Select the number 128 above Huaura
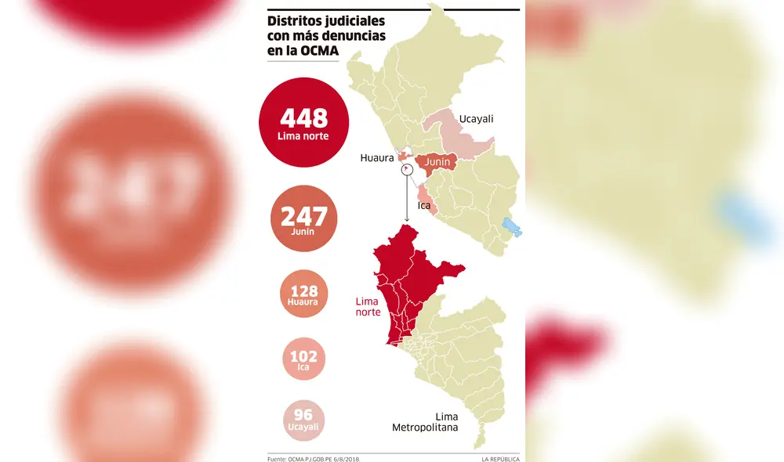(x=303, y=291)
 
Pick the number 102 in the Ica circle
(x=303, y=356)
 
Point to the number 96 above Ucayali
(x=303, y=415)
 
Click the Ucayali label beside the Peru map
(x=476, y=119)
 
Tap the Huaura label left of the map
(x=376, y=157)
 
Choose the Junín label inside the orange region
(x=437, y=162)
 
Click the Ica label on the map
(x=423, y=207)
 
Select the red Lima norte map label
(x=368, y=306)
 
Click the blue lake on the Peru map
(x=514, y=227)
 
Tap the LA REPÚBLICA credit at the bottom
(x=500, y=459)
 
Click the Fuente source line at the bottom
(x=313, y=459)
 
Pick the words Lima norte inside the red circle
(x=303, y=136)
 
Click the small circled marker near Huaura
(x=406, y=168)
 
